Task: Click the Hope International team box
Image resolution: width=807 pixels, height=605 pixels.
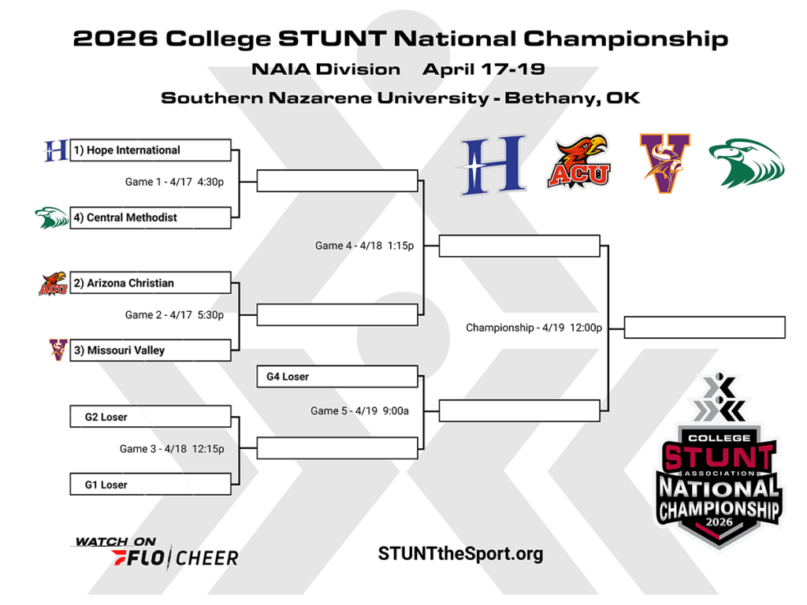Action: tap(151, 150)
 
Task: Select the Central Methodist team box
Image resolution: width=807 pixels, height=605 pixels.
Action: tap(151, 217)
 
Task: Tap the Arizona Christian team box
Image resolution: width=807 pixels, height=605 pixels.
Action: tap(151, 283)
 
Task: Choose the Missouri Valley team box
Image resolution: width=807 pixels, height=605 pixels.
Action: tap(151, 350)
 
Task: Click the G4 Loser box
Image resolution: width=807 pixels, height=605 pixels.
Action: tap(337, 377)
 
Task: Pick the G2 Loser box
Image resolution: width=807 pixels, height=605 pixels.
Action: tap(151, 417)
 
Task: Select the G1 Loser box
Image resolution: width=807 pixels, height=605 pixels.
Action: tap(151, 484)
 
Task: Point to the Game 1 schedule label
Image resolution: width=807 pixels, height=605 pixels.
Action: tap(174, 182)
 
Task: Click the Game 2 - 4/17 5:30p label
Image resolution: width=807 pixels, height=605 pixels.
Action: tap(174, 315)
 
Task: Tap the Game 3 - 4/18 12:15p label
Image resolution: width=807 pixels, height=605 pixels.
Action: tap(172, 449)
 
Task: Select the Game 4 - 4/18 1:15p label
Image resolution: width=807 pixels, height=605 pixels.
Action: tap(365, 246)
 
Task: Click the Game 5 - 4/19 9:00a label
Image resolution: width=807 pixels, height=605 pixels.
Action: tap(359, 410)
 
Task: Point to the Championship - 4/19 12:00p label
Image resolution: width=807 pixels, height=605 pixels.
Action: tap(534, 327)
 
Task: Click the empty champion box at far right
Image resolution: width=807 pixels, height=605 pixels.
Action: tap(705, 327)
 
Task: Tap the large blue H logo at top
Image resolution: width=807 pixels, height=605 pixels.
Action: tap(493, 165)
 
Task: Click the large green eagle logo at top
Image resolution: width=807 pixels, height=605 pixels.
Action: tap(746, 163)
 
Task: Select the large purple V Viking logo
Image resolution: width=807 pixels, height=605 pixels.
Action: tap(664, 163)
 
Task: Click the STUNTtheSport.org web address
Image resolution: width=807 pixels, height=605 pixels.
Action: tap(460, 554)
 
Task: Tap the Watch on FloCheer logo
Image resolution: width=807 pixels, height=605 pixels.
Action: tap(155, 553)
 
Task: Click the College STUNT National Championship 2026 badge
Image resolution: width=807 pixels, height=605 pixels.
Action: tap(719, 465)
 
